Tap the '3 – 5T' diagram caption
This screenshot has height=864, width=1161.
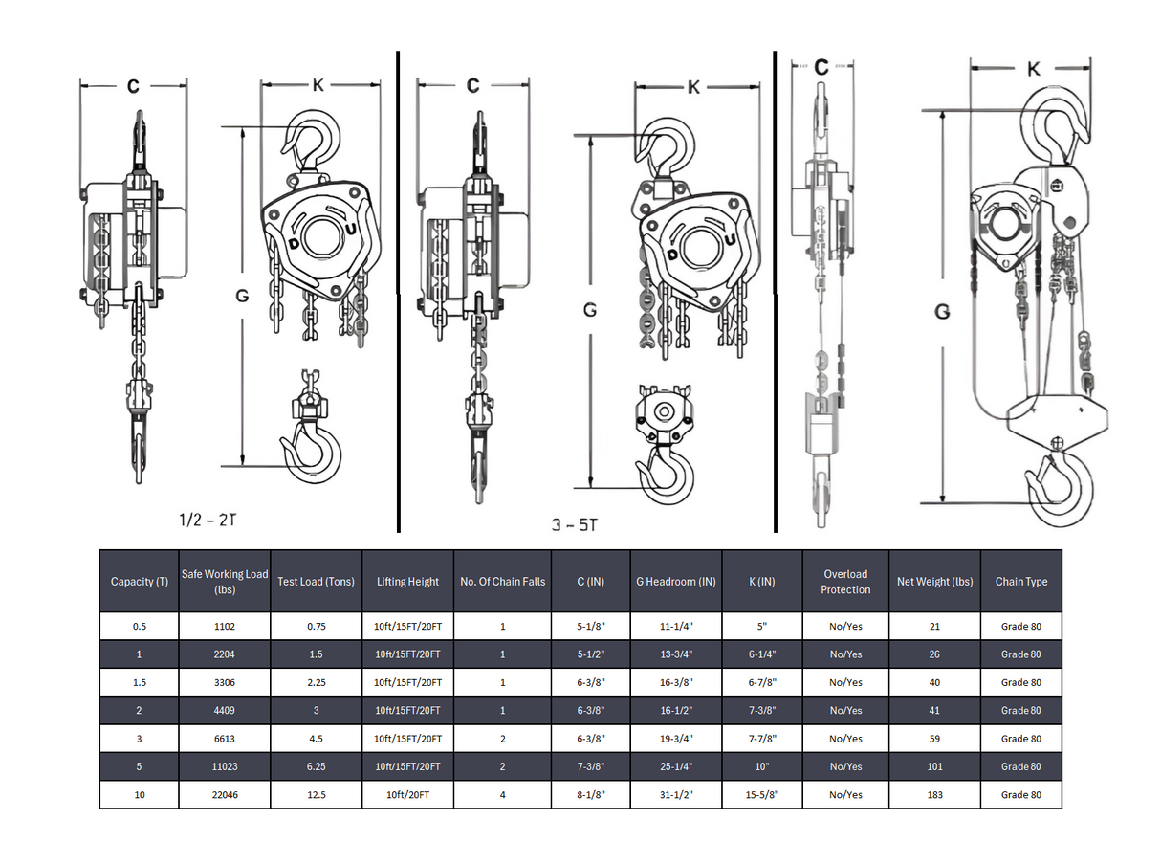576,524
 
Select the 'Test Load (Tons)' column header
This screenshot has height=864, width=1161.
316,581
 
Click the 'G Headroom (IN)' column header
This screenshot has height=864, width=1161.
675,581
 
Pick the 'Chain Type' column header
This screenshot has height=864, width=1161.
1020,581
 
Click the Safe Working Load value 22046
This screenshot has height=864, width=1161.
225,795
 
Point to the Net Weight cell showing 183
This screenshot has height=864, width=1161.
933,795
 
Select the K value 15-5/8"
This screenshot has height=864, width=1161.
761,795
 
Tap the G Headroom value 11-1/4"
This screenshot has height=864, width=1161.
675,627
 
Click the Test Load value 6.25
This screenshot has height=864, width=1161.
316,766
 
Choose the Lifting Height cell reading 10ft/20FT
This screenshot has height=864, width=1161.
407,795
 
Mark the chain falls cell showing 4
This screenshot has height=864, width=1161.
502,795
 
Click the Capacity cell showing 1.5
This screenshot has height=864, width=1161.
140,682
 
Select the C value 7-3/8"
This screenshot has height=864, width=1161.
590,766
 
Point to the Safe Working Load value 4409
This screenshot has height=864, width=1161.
225,711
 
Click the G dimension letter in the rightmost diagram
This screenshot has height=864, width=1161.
942,312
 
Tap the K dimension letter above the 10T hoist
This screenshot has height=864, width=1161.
1033,69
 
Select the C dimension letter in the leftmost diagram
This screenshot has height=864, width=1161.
133,86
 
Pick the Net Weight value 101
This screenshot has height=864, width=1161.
933,766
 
